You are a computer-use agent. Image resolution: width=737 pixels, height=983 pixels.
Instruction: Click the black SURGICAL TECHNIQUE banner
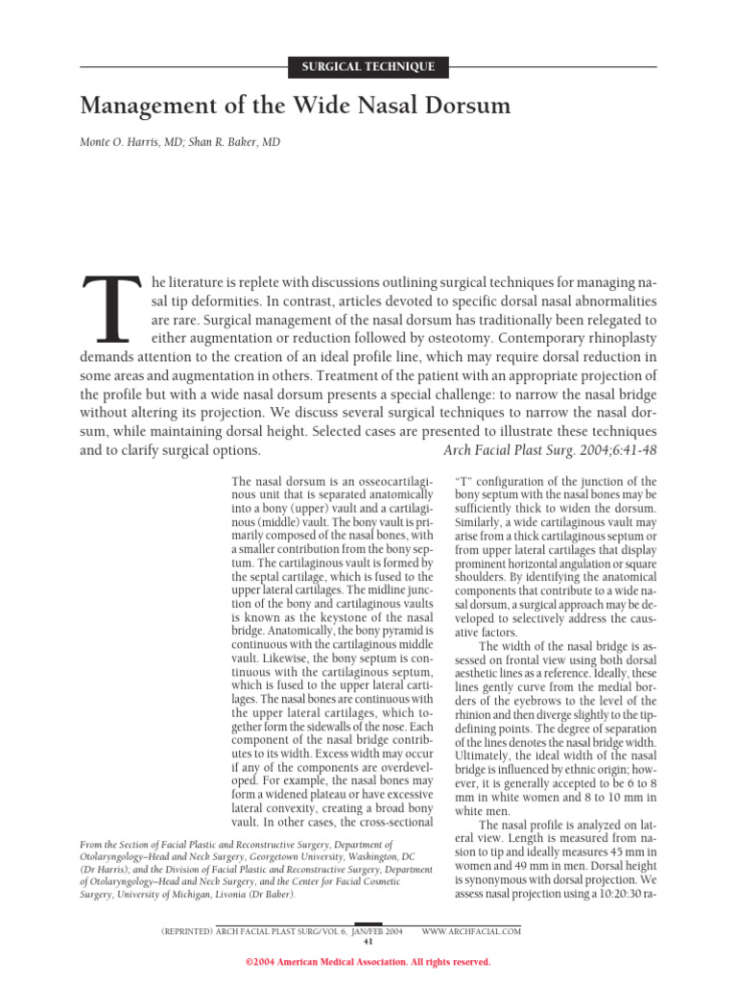[x=368, y=67]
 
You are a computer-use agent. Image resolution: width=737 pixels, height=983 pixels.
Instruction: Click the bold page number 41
[x=368, y=942]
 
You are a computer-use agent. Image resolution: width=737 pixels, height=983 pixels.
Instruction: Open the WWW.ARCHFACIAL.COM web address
[x=472, y=931]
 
